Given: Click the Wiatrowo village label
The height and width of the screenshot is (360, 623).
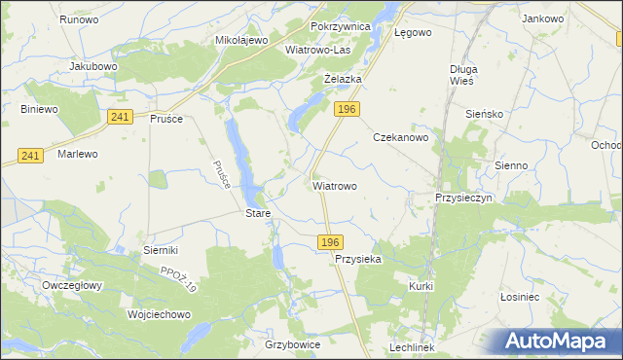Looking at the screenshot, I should point(335,185).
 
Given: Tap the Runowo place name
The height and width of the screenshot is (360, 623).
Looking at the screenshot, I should point(79,19).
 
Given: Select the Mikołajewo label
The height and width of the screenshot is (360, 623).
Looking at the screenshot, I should point(240,41).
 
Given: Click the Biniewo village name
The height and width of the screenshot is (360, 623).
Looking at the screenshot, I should point(40,109).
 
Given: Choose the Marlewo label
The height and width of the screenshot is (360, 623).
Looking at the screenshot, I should point(78,154).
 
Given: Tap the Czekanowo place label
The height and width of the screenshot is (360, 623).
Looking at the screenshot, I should point(407,138).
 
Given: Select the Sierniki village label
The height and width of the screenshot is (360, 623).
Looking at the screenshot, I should point(161,250).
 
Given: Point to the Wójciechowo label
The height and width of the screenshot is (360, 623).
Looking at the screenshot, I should point(159,315).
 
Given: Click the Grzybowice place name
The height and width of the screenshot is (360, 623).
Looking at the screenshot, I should point(292,344).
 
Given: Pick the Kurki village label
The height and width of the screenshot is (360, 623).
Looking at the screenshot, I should point(421,286).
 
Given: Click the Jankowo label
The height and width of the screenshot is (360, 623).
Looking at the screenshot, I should point(543,18).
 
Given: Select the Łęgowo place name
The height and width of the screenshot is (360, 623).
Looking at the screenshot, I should point(413,31).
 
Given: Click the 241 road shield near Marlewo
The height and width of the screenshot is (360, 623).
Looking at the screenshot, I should point(30,156).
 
